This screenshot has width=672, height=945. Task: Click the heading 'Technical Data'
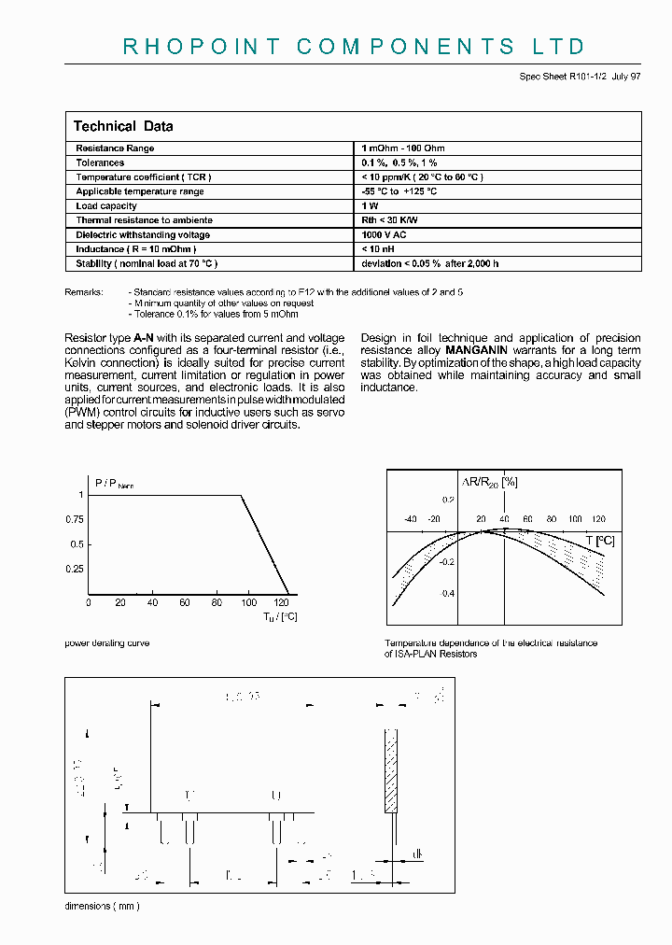(x=123, y=126)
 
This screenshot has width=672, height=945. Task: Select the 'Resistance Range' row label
(x=115, y=148)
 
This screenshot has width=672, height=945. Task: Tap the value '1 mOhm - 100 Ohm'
(x=403, y=148)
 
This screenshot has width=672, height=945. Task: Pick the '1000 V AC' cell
(x=385, y=235)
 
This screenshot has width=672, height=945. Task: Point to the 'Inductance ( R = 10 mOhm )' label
(x=136, y=249)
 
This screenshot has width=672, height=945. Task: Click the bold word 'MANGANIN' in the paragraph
(x=475, y=350)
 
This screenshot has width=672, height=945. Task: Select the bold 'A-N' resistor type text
(x=144, y=338)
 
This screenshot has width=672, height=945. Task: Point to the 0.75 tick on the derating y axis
(x=77, y=519)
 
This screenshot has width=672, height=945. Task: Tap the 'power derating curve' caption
(x=106, y=643)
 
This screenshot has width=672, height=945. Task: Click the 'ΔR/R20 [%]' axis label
(x=490, y=482)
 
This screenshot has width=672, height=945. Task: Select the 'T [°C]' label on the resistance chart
(x=600, y=541)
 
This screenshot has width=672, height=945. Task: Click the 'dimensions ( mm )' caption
(x=103, y=907)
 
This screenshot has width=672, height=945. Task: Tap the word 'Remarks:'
(x=84, y=292)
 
